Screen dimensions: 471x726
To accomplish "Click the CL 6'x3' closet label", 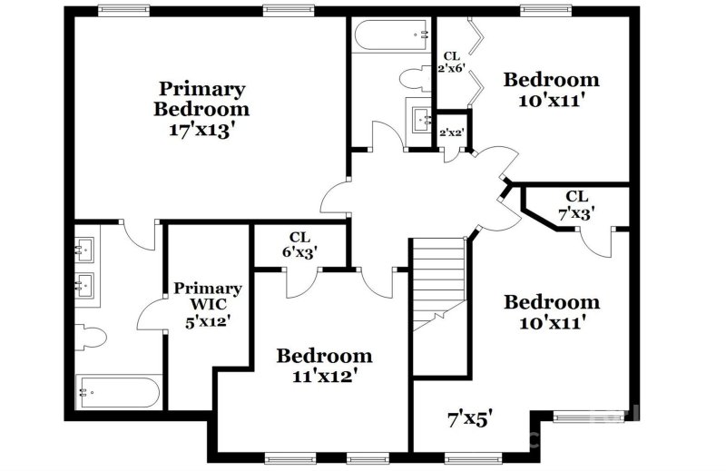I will [300, 245].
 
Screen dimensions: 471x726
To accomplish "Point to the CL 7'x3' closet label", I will [576, 204].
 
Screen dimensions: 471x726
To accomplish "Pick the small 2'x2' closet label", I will [452, 132].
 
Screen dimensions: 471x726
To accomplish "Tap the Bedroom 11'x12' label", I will [324, 364].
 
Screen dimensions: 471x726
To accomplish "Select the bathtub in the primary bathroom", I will [119, 393].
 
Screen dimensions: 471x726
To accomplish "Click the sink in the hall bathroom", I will [420, 119].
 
